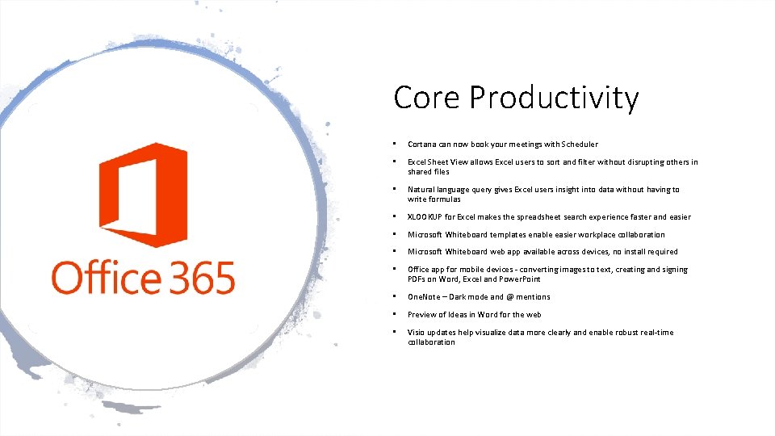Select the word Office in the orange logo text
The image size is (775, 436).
[x=107, y=277]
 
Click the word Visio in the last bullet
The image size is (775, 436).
[x=417, y=333]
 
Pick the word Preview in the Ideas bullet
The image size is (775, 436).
[x=422, y=315]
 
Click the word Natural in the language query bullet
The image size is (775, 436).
[x=422, y=190]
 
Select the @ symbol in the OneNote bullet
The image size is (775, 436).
[x=509, y=297]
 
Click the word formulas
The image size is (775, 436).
[x=445, y=199]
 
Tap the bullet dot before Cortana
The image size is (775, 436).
[x=393, y=145]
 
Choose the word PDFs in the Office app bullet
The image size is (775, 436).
[x=418, y=279]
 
